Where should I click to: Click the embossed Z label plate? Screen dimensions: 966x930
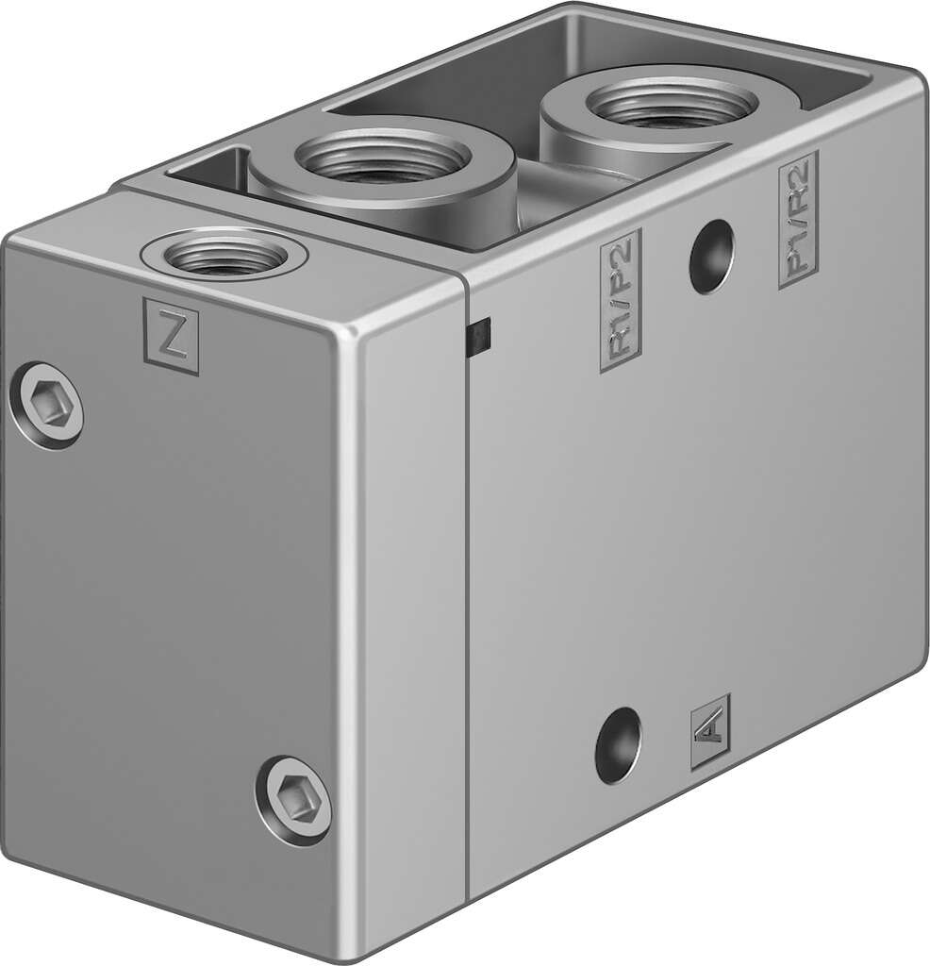(x=171, y=336)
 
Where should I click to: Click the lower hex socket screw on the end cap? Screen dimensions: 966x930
(x=294, y=799)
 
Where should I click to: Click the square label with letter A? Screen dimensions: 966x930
(x=709, y=731)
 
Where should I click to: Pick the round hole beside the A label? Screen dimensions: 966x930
(x=618, y=745)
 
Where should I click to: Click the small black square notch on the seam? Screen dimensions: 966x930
(x=480, y=336)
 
